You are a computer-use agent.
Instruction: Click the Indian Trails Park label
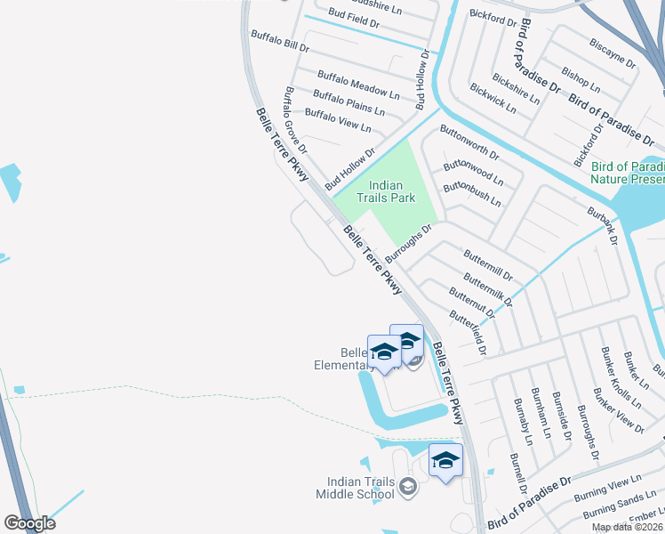386,191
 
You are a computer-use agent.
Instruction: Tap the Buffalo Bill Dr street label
279,40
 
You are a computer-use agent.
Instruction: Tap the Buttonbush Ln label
472,193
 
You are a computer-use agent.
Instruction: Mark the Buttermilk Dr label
488,290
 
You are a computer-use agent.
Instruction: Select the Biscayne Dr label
613,53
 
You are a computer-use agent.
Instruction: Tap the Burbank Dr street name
602,227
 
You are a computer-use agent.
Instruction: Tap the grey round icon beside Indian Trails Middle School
407,485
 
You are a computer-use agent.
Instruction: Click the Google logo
29,523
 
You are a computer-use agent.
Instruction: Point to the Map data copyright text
627,527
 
